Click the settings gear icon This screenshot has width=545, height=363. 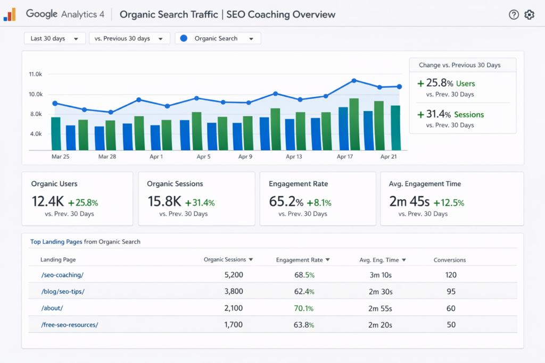click(529, 15)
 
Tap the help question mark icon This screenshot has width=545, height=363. click(514, 15)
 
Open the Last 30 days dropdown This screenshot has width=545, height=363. click(55, 38)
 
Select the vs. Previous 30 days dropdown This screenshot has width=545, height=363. click(129, 38)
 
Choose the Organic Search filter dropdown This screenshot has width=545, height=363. click(218, 38)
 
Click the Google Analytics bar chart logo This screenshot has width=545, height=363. click(10, 15)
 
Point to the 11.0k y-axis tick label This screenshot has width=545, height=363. click(35, 74)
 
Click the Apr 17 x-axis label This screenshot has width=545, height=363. click(345, 157)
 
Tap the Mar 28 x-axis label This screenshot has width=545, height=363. click(107, 157)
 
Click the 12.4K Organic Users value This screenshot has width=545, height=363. click(48, 201)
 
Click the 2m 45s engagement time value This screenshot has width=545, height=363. click(409, 201)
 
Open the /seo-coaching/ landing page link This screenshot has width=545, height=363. click(62, 275)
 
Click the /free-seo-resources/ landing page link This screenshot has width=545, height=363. click(69, 325)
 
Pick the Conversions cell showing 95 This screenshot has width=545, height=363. click(451, 291)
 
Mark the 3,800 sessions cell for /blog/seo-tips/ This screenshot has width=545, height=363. click(234, 291)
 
